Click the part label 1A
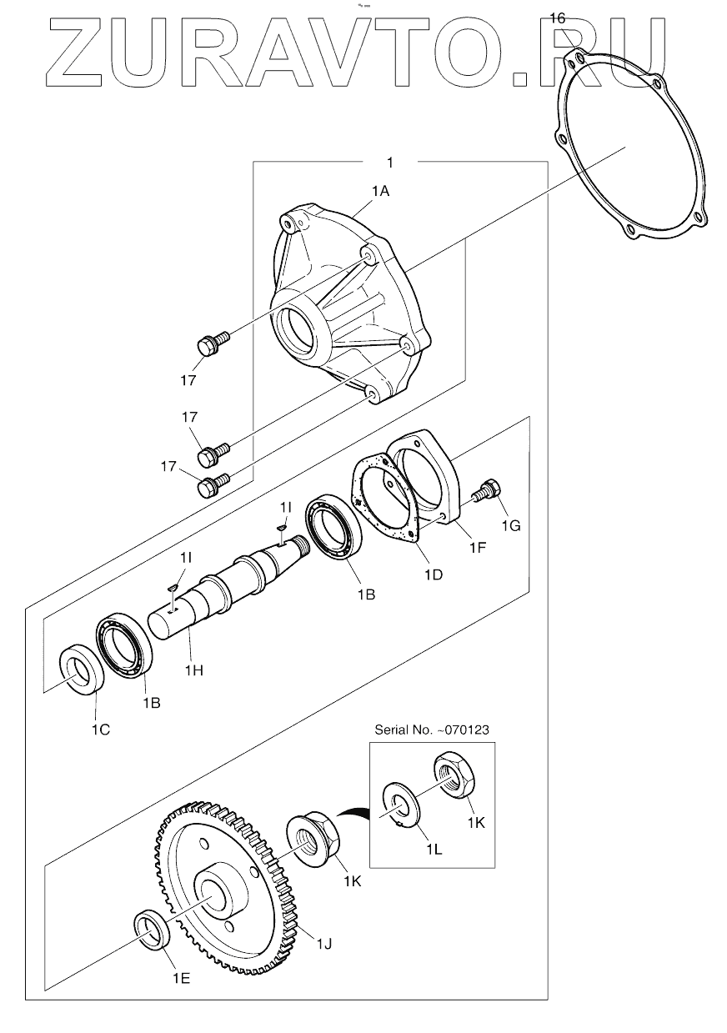click(381, 191)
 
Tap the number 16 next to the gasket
click(557, 18)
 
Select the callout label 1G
click(511, 525)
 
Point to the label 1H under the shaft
click(193, 670)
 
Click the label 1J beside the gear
click(323, 944)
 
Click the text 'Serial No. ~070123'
click(432, 730)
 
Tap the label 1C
click(101, 729)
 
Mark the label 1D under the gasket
click(434, 574)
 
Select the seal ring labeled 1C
click(82, 668)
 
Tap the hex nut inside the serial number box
click(452, 773)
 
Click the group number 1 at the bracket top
click(390, 163)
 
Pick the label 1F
click(478, 547)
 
